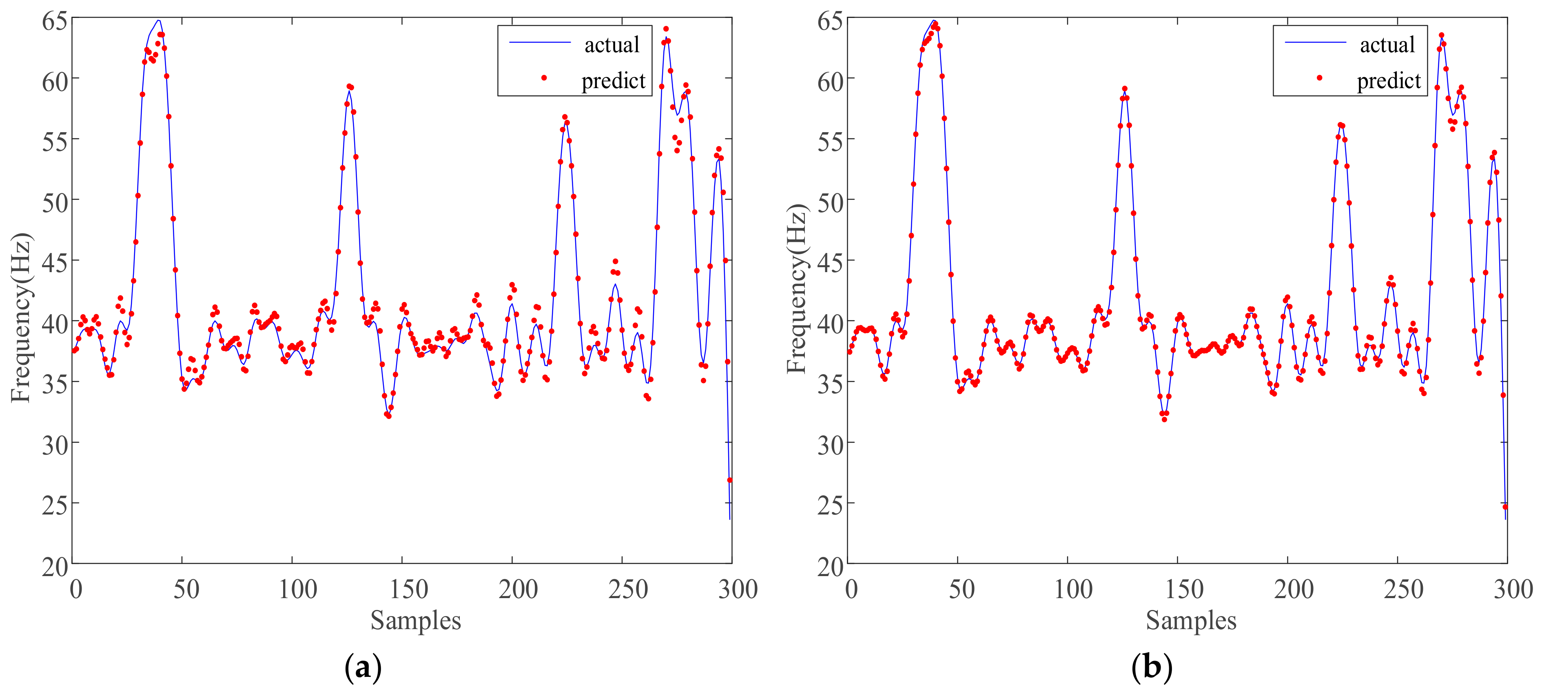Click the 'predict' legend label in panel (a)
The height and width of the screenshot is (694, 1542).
[x=613, y=81]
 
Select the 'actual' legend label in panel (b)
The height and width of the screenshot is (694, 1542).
[x=1387, y=45]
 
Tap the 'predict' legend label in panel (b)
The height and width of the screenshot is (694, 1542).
[x=1388, y=81]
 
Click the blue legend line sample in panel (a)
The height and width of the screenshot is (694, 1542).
[x=540, y=42]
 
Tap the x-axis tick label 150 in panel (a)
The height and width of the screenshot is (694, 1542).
[x=408, y=590]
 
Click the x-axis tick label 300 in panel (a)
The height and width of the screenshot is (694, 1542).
[x=738, y=590]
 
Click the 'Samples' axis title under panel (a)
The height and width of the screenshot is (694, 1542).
[x=415, y=620]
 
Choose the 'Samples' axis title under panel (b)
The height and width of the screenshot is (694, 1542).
[x=1191, y=620]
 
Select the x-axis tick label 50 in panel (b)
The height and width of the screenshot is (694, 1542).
[x=962, y=590]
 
